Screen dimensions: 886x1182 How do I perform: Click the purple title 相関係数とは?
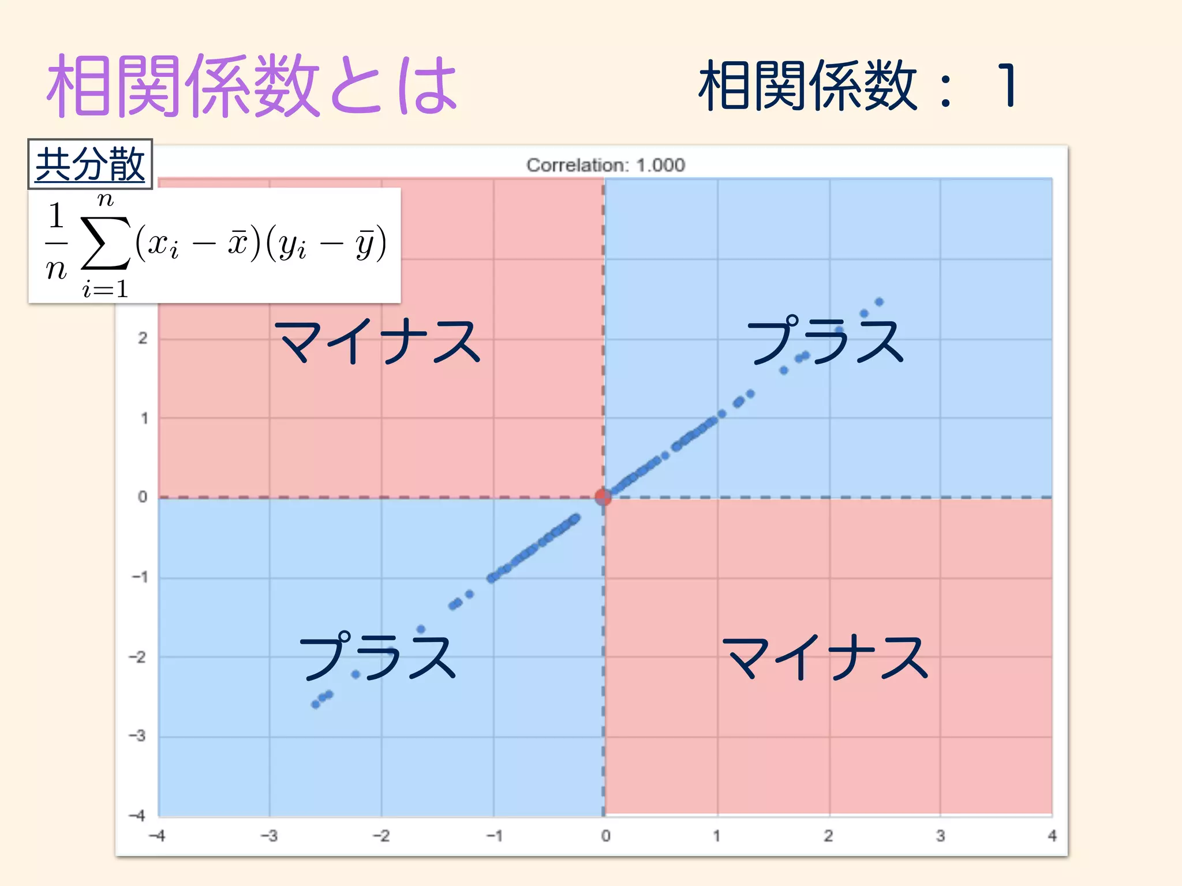[252, 87]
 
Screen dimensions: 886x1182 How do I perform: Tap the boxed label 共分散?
[90, 164]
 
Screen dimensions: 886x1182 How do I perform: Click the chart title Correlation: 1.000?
[605, 166]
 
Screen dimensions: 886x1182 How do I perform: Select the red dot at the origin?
[603, 496]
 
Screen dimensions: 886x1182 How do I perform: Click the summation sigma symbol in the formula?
[105, 243]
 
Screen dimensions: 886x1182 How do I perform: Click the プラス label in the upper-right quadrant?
[825, 341]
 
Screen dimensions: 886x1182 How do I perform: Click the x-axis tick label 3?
[940, 836]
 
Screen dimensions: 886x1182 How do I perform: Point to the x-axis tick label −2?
[381, 836]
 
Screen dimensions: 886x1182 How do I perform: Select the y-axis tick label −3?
[137, 736]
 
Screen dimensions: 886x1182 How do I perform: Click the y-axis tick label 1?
[144, 418]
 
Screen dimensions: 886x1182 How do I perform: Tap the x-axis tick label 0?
[605, 836]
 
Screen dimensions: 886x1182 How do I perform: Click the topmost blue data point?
[879, 302]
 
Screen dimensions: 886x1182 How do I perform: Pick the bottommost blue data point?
[316, 704]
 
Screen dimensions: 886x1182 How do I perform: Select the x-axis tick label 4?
[1052, 836]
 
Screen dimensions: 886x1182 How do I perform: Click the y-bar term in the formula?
[365, 245]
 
